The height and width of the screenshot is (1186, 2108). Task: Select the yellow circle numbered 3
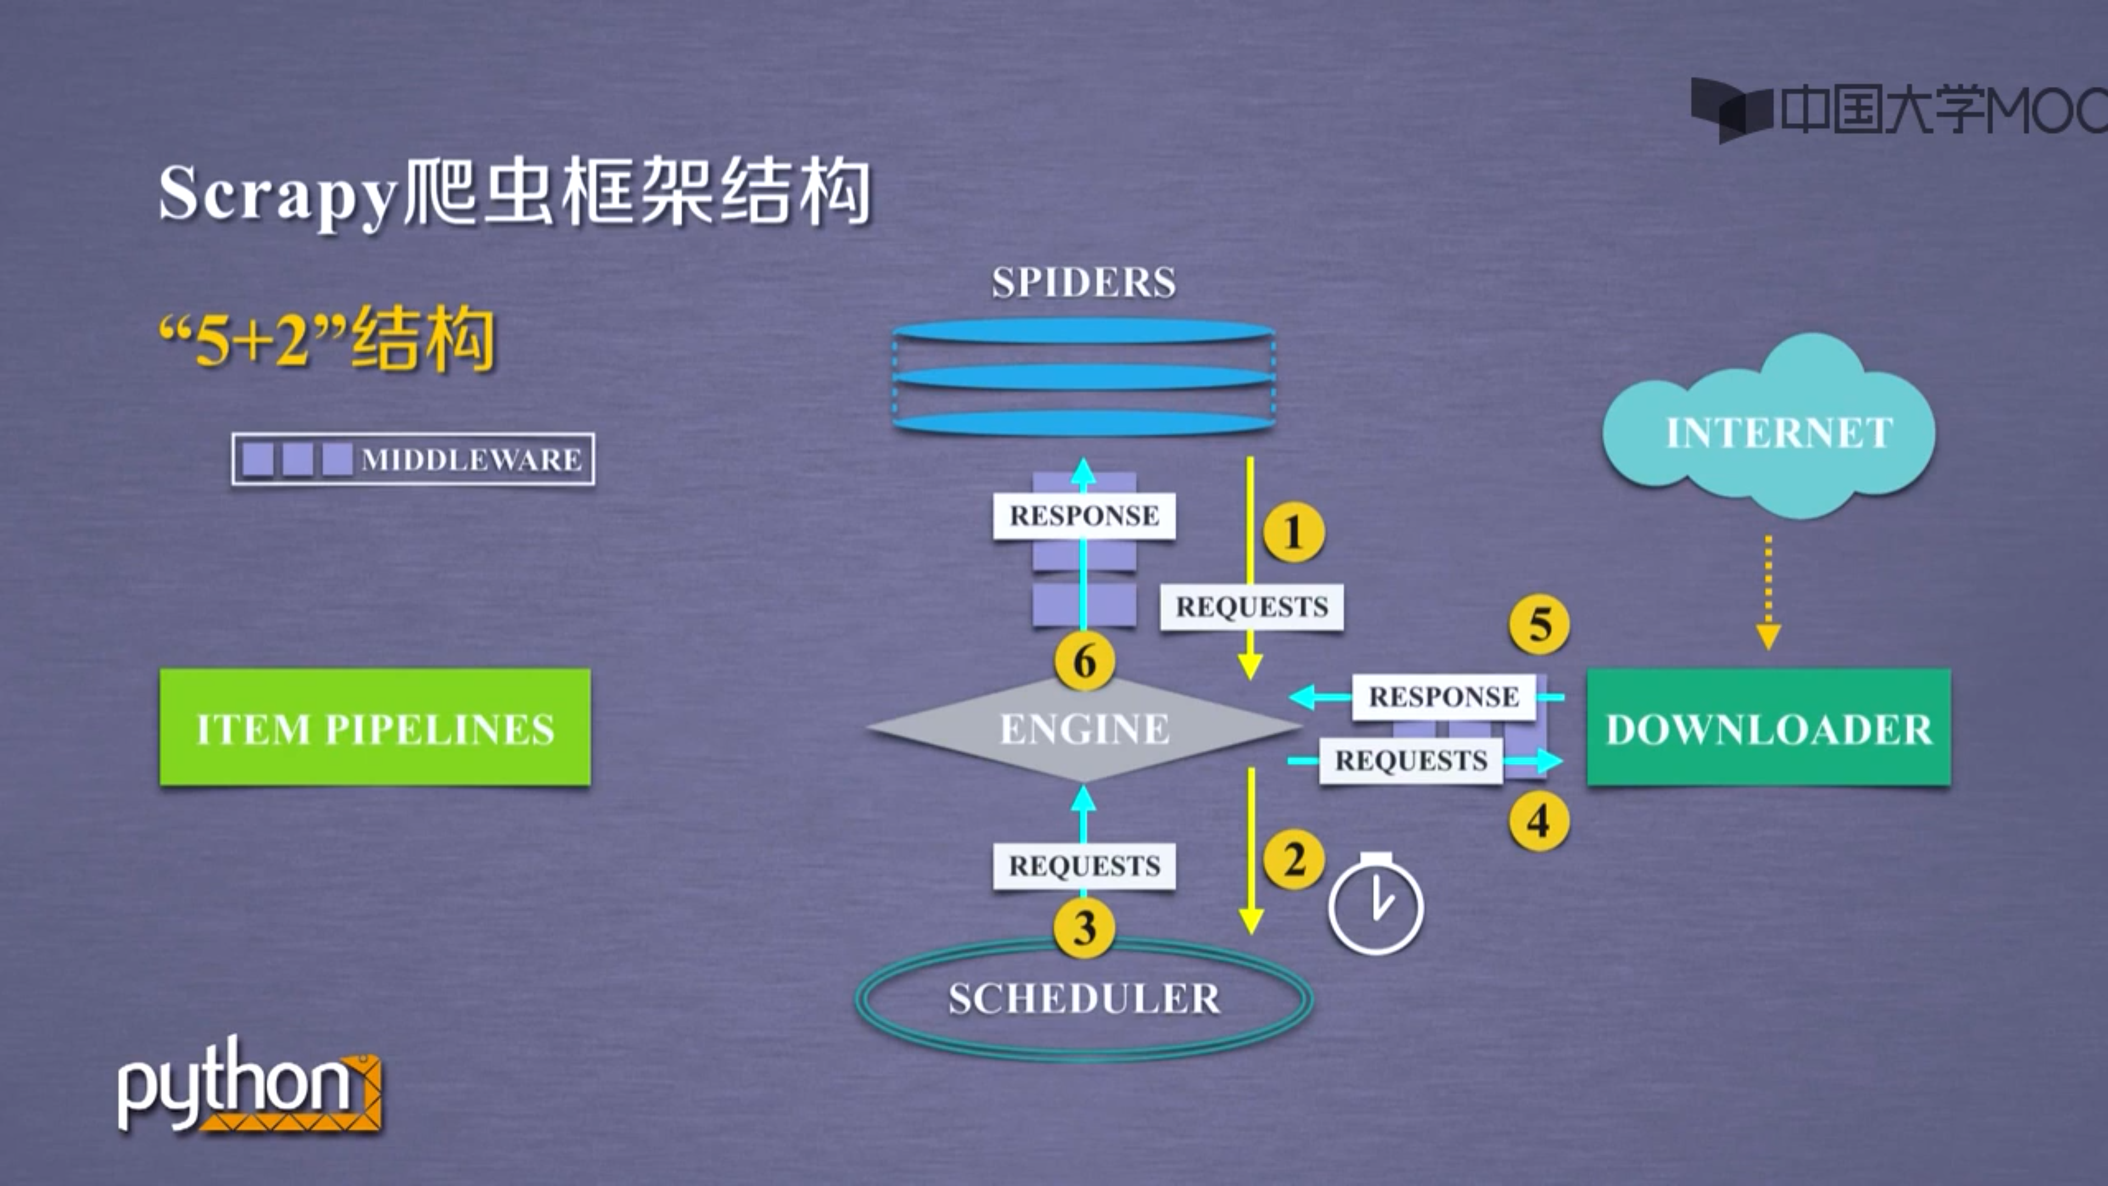pos(1084,928)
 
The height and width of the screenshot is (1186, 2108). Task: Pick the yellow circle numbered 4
pos(1538,821)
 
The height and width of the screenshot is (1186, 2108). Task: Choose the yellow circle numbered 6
pos(1084,661)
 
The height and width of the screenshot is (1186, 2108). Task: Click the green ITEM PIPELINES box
pos(375,728)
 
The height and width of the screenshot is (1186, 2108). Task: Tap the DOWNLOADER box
pos(1768,728)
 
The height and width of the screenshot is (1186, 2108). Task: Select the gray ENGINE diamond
pos(1084,728)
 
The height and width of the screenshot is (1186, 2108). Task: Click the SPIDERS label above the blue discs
pos(1084,282)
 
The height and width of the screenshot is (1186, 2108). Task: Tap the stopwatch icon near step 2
pos(1376,905)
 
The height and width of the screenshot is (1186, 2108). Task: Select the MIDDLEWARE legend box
pos(413,459)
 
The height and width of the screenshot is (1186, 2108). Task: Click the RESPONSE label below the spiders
pos(1084,516)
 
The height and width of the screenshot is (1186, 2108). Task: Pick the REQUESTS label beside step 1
pos(1251,607)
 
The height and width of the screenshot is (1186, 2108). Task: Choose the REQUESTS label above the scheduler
pos(1084,865)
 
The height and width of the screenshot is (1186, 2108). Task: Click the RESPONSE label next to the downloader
pos(1444,697)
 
